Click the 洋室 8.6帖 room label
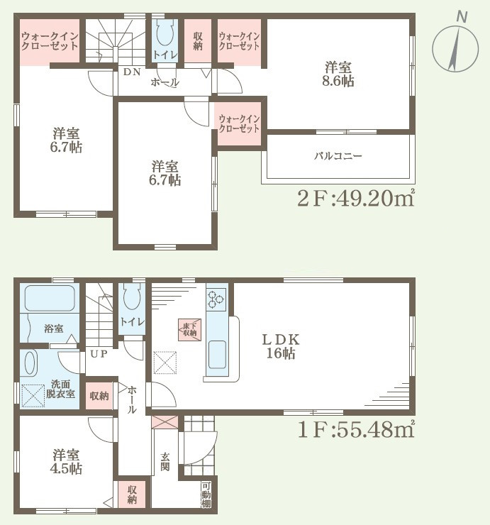coord(339,74)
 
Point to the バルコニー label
coord(338,155)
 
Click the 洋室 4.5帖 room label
coord(66,462)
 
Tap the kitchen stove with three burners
coord(217,301)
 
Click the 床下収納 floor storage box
coord(189,328)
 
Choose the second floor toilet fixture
coord(163,33)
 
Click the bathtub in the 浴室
coord(48,299)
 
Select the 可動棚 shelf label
coord(206,494)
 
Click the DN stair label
coord(132,72)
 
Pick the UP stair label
coord(99,353)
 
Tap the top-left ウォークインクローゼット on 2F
coord(49,42)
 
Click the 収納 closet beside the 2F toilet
coord(198,42)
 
